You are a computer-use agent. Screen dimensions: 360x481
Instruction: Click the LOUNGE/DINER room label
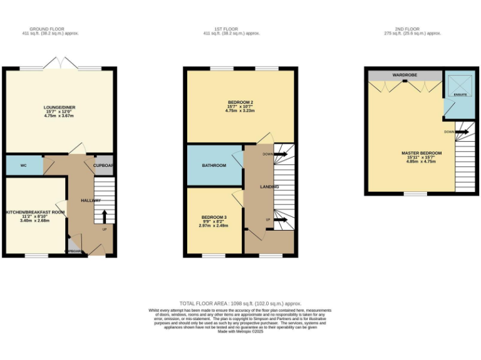click(59, 107)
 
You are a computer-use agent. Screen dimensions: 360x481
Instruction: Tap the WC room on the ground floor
click(24, 166)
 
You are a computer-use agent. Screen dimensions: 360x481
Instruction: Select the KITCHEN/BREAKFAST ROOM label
click(34, 212)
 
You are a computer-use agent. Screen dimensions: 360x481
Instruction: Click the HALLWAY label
click(91, 200)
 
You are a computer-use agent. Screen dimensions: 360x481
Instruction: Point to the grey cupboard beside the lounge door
click(104, 165)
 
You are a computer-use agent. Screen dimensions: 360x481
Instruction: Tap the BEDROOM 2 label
click(240, 102)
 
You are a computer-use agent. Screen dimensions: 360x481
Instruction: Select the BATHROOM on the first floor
click(214, 166)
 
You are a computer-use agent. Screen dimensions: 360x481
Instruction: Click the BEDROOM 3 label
click(214, 217)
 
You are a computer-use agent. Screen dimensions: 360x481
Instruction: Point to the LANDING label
click(269, 187)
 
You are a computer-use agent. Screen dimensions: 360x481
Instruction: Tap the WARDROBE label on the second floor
click(405, 75)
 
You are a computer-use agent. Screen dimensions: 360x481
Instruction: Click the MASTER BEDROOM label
click(422, 153)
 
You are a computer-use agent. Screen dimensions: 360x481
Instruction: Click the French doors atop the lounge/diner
click(60, 67)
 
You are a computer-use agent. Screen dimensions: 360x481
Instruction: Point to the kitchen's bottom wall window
click(36, 255)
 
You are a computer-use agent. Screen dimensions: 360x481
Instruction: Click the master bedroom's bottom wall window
click(415, 194)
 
